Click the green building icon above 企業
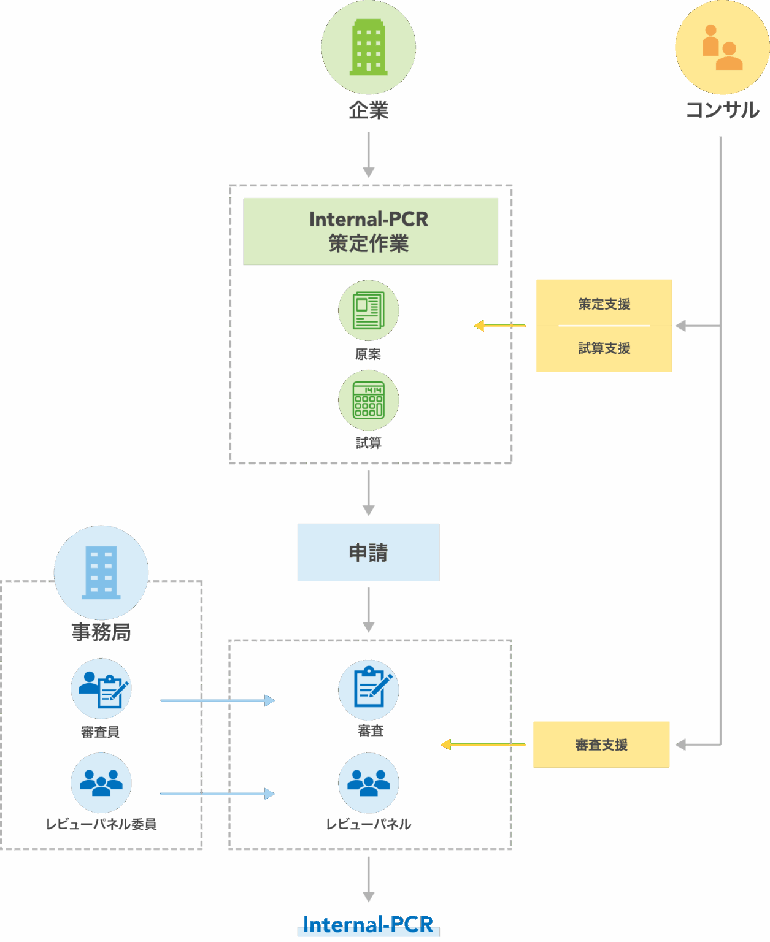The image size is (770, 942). click(368, 47)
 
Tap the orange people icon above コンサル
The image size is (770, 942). click(722, 47)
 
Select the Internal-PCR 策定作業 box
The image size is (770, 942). click(370, 231)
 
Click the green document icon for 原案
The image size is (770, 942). click(368, 310)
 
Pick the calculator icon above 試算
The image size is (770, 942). click(368, 400)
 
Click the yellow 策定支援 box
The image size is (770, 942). click(604, 304)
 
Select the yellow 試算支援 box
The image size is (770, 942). click(604, 348)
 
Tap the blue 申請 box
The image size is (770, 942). click(368, 552)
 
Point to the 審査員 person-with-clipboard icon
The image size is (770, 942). click(101, 689)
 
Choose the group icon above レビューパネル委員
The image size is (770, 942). click(101, 783)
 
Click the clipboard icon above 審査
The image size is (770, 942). click(369, 689)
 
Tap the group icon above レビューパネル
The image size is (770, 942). click(369, 783)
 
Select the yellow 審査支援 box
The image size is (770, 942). click(601, 745)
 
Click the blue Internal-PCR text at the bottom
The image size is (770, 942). click(368, 924)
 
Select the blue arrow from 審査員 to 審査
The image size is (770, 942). click(217, 700)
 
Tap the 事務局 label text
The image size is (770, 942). click(101, 632)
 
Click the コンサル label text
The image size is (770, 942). click(722, 110)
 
